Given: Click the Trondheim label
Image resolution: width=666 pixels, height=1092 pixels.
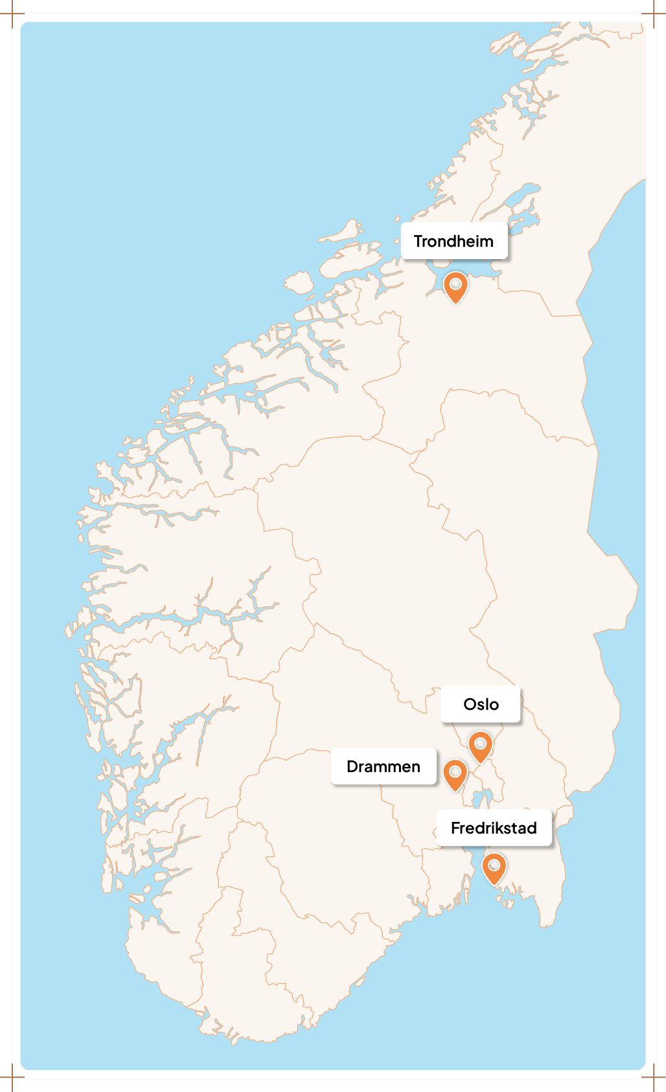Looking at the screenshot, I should coord(454,241).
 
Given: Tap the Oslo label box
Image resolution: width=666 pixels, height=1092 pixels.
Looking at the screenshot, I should coord(481,704).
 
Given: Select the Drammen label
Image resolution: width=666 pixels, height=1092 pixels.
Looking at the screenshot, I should coord(384,766).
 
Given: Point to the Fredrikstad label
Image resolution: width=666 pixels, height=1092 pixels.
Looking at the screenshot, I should coord(494,828).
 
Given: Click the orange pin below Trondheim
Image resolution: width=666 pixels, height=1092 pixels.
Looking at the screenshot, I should coord(455,286).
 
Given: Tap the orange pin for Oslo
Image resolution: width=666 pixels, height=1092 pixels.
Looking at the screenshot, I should coord(480,746).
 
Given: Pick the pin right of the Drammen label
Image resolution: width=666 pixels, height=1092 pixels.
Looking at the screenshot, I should coord(455,774).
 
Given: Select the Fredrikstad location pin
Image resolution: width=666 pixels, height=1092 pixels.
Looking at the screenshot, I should coord(494,867).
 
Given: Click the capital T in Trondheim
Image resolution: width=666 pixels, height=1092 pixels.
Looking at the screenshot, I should coord(419,241).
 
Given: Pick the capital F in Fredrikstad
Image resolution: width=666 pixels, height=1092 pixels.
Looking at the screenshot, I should coord(455,828).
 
